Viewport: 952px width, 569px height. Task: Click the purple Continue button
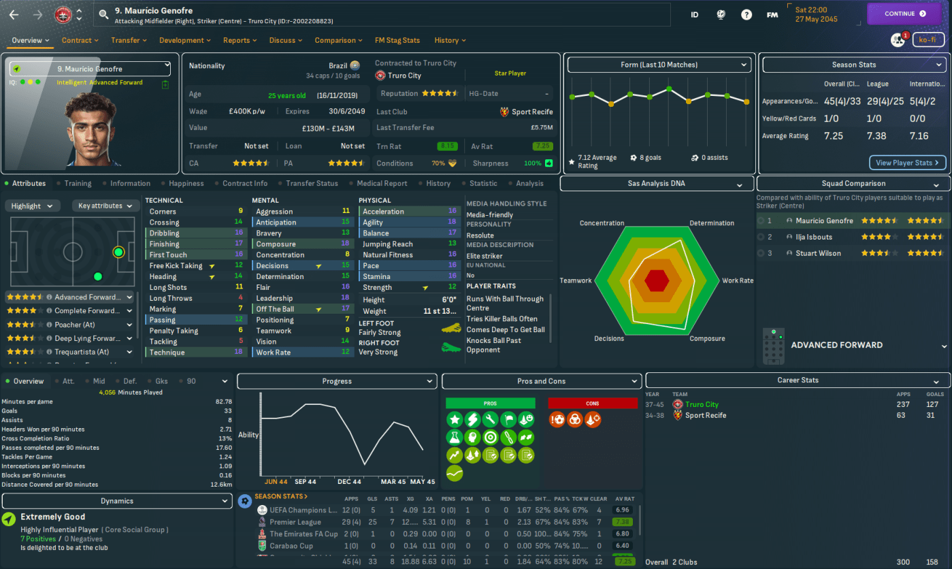(904, 14)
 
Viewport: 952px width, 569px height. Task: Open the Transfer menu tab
(129, 40)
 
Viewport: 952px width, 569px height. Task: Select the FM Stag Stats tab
(397, 40)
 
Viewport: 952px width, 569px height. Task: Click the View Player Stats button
(907, 163)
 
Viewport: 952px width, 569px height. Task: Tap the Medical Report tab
(382, 183)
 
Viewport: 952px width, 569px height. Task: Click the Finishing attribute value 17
(239, 244)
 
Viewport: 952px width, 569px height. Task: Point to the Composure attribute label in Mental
(276, 244)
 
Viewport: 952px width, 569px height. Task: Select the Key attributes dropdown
(105, 206)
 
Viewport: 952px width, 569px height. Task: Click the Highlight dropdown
(32, 206)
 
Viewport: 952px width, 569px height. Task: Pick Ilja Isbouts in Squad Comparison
(815, 237)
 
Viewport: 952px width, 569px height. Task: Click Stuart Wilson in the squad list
(817, 253)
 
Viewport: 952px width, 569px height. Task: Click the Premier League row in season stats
(295, 522)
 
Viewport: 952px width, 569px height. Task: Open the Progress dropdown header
(337, 381)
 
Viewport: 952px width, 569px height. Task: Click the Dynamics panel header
(117, 501)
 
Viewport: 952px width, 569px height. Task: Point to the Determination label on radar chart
(711, 223)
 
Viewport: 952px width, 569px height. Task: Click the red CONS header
(592, 404)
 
